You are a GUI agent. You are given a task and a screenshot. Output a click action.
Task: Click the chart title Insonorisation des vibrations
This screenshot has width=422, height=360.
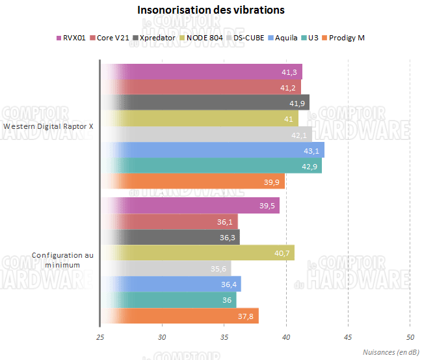point(211,10)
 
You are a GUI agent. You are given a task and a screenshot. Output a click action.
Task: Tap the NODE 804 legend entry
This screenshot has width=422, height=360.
point(205,38)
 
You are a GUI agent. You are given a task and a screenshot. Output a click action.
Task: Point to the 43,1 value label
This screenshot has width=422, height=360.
point(313,150)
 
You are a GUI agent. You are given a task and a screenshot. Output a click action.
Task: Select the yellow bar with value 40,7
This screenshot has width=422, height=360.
point(198,253)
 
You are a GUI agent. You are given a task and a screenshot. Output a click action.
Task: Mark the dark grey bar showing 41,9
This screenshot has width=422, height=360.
point(205,103)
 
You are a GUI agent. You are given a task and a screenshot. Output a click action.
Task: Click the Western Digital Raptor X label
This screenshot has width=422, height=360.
point(48,127)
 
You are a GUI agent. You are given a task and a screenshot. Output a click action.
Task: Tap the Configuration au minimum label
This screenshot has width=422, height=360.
point(62,260)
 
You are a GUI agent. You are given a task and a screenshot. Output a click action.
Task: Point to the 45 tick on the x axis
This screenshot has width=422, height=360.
point(348,337)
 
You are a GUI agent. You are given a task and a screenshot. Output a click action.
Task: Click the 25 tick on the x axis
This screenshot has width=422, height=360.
point(99,337)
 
